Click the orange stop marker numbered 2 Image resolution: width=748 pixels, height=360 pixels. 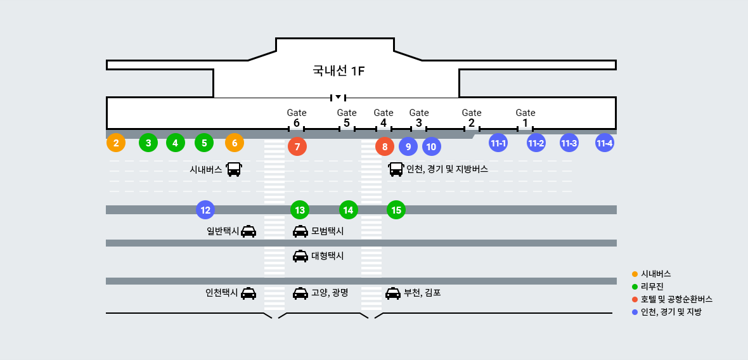(x=115, y=143)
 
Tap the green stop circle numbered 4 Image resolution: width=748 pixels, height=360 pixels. (x=176, y=143)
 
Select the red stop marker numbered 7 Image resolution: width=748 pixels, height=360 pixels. (x=297, y=146)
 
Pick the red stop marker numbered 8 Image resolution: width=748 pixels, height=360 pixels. (x=385, y=146)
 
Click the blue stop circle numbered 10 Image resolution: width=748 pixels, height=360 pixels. (x=431, y=146)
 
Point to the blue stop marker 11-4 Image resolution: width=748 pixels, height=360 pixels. (x=605, y=143)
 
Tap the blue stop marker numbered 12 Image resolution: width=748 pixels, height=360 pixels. (x=205, y=210)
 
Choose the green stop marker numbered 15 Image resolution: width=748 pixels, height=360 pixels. (x=396, y=210)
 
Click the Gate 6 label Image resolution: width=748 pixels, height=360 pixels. (x=297, y=118)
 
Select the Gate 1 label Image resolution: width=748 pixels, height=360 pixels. (x=526, y=118)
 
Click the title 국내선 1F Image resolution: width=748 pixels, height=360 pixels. (x=339, y=70)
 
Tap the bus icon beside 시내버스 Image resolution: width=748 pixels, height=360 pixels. (x=234, y=169)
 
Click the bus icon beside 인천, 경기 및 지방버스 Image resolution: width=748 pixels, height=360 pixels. (x=396, y=169)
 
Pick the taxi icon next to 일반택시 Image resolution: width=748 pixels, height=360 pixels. (x=248, y=231)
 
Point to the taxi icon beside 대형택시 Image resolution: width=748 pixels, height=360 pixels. (x=300, y=256)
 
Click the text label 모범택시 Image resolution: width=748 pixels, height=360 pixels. (x=328, y=231)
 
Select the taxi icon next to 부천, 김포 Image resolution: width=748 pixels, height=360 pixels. (x=393, y=293)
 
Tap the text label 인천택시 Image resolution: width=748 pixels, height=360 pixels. (x=221, y=293)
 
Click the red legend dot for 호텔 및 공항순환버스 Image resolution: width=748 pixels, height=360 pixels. (x=635, y=299)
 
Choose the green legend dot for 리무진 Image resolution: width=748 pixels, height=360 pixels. (x=635, y=286)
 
